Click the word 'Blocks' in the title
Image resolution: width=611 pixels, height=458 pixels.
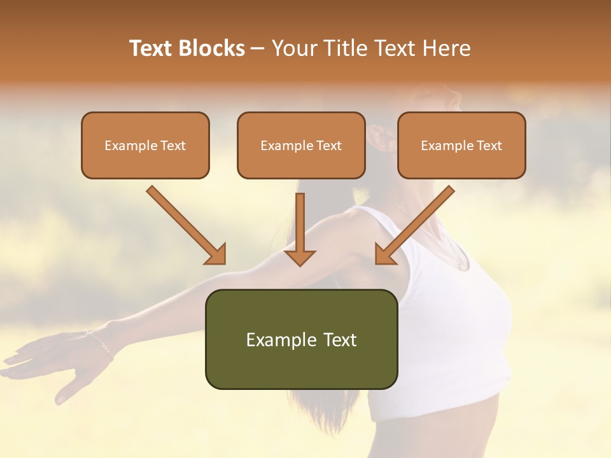pos(213,48)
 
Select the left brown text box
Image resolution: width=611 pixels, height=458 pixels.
pos(145,146)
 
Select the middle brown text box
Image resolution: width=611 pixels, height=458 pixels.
pos(301,146)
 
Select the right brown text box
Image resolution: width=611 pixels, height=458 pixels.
pos(461,146)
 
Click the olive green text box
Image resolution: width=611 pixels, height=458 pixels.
pos(301,339)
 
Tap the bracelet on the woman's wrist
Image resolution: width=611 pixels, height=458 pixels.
pos(99,342)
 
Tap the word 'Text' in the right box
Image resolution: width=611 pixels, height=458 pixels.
pos(489,146)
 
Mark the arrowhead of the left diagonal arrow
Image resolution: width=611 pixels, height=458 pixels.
pos(216,254)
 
